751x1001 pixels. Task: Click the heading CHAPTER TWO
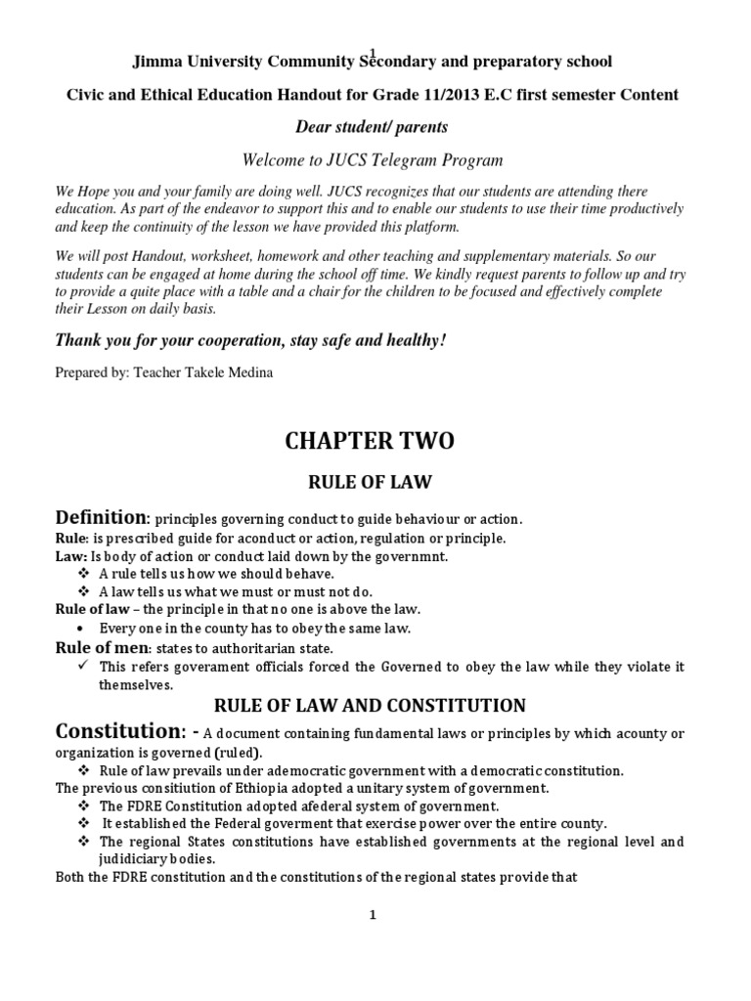(370, 441)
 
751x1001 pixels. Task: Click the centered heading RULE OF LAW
(370, 481)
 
